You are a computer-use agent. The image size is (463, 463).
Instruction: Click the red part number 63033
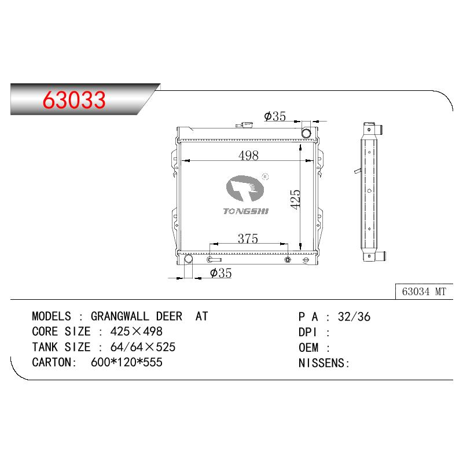click(74, 100)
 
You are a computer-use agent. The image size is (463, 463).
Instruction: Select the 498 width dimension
click(248, 155)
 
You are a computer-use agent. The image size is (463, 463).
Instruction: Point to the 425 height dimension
click(295, 200)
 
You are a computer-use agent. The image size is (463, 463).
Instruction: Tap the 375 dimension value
click(248, 238)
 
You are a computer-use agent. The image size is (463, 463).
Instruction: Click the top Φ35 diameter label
click(275, 116)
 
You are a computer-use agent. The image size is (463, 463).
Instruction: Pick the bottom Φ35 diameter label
click(221, 273)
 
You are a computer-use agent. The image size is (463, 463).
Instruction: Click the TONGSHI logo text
click(245, 211)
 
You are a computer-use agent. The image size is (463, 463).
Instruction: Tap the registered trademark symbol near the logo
click(265, 177)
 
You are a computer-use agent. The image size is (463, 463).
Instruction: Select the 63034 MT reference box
click(424, 292)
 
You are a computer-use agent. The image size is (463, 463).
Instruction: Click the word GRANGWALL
click(120, 316)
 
